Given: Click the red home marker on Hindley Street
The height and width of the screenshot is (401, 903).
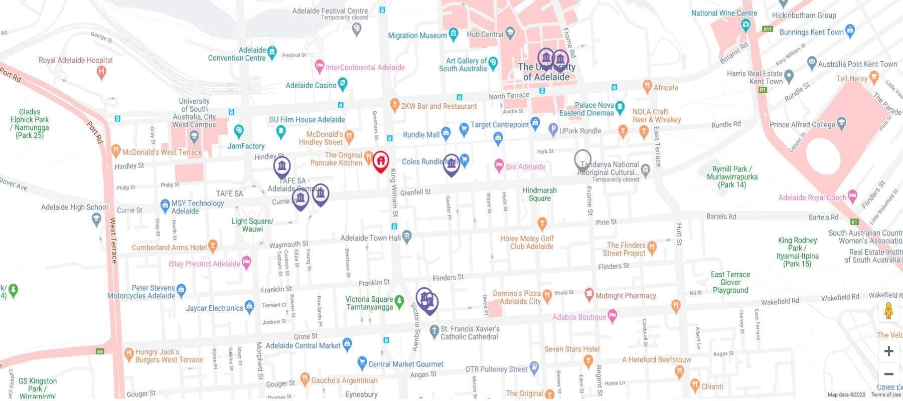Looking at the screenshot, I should click(x=381, y=161).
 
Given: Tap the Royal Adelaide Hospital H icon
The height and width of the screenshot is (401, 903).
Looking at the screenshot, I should click(x=101, y=72).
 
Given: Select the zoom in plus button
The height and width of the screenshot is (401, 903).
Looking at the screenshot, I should click(x=888, y=351).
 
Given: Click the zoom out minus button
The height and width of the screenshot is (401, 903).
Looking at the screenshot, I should click(x=888, y=374).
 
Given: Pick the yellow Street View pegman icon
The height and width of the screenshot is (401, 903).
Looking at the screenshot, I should click(x=888, y=311).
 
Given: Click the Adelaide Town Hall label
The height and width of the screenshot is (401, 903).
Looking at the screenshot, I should click(x=370, y=238).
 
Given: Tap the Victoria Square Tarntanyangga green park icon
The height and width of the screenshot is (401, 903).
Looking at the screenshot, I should click(x=399, y=301).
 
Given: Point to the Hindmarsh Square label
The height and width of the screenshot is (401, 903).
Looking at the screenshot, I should click(x=539, y=194).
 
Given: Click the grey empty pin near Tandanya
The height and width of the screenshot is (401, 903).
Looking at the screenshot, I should click(x=582, y=159).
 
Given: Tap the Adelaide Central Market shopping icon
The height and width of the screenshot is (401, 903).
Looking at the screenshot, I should click(x=347, y=344).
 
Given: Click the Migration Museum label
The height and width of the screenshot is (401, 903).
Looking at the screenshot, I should click(x=417, y=36).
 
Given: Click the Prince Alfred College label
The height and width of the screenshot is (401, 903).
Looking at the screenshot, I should click(x=802, y=124).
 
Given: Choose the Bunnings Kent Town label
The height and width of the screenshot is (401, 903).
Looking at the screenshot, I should click(x=811, y=32).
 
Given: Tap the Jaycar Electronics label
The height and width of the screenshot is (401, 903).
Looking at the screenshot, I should click(x=214, y=308).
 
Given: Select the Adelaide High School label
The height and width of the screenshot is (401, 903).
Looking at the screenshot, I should click(x=74, y=207).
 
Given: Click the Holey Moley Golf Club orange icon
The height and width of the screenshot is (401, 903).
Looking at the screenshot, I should click(x=542, y=223).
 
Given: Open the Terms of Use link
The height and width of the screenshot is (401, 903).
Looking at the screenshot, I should click(x=886, y=395).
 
